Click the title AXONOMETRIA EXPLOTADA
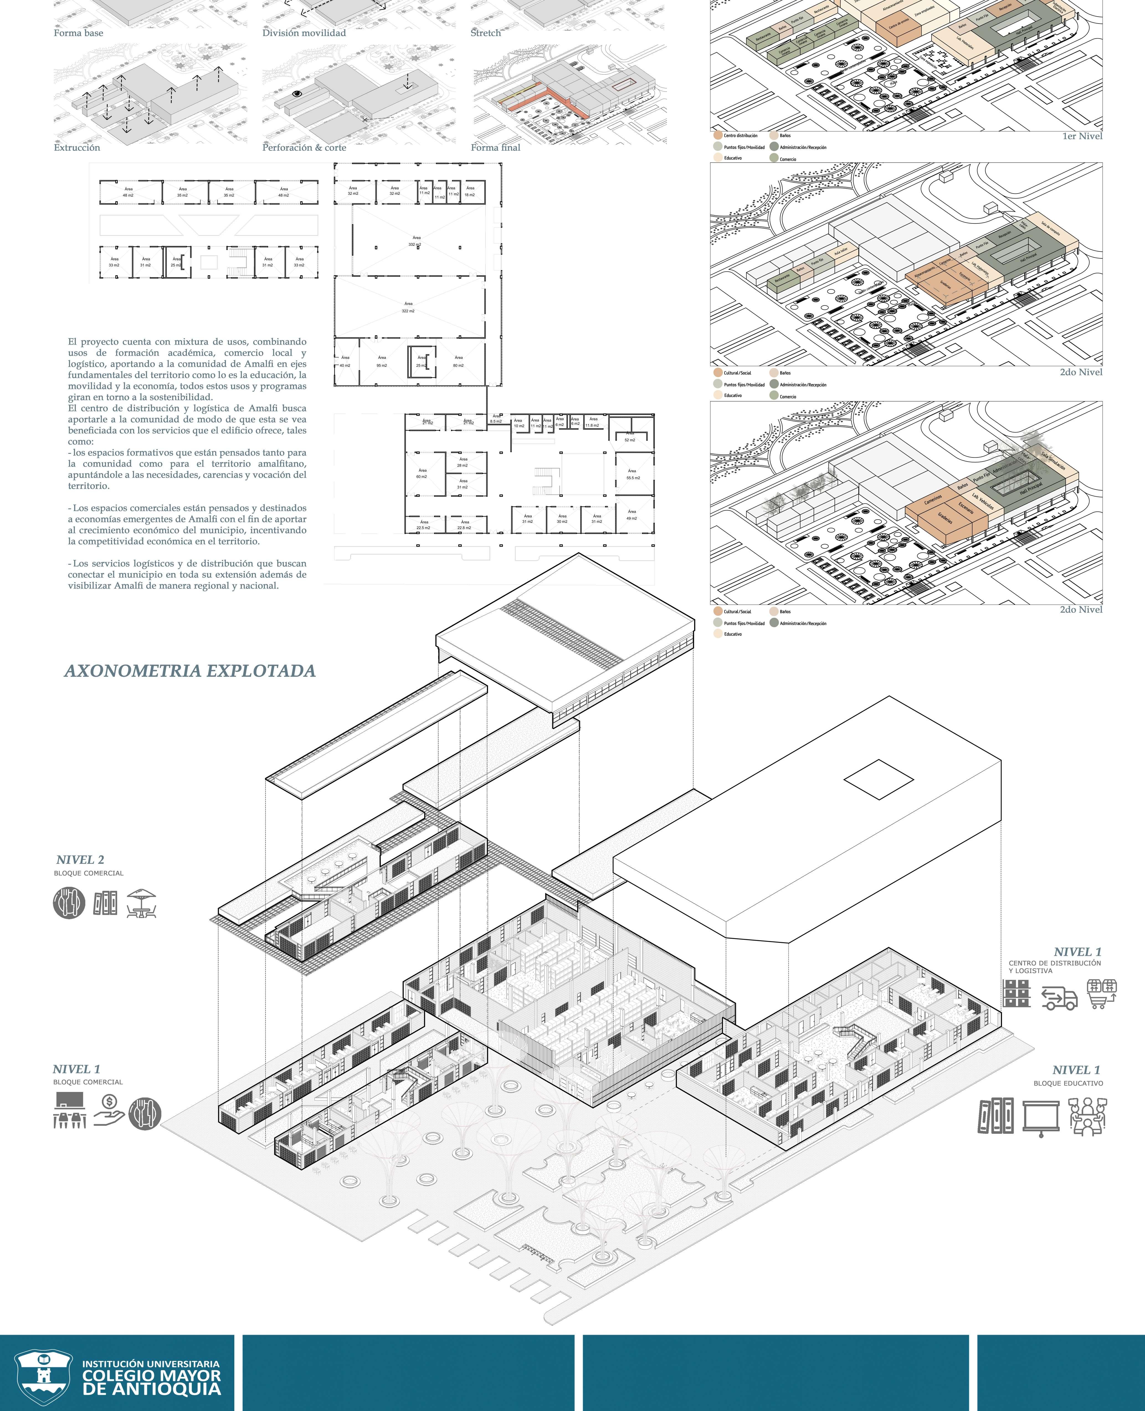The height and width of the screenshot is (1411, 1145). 190,671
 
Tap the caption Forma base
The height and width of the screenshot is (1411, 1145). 78,33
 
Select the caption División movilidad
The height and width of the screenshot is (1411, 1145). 304,33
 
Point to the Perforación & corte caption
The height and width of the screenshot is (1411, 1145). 304,148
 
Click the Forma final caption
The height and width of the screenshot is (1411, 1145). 495,148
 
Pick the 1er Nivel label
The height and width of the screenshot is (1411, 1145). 1082,137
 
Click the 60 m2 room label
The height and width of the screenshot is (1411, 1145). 422,474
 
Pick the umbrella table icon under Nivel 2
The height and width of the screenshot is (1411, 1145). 141,903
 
